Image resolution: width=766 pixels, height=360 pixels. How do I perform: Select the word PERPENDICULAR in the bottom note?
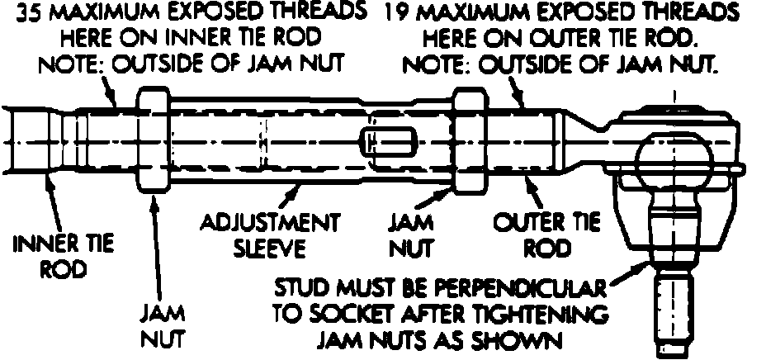[x=517, y=290]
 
